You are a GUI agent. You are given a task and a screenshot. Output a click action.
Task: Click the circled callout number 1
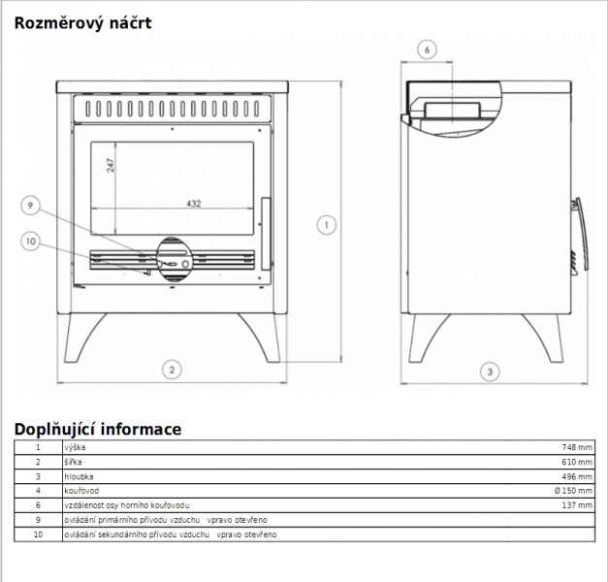click(x=327, y=225)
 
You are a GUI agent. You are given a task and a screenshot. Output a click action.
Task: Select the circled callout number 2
click(x=172, y=370)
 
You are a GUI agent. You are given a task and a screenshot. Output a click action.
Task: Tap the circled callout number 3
click(x=490, y=372)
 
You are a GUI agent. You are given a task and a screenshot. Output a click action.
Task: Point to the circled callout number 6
click(x=427, y=49)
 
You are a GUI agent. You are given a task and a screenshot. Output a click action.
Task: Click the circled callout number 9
click(x=31, y=206)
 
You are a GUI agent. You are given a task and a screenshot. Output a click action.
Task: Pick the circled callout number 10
click(x=31, y=242)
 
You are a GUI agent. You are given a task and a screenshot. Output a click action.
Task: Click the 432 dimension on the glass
click(x=194, y=204)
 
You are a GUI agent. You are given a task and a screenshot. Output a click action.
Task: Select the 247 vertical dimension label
click(x=111, y=165)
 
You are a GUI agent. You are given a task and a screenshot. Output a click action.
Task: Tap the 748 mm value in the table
click(x=577, y=447)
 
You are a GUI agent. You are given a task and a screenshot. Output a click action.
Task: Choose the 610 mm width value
click(x=577, y=462)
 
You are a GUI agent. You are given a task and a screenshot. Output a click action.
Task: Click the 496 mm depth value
click(x=577, y=476)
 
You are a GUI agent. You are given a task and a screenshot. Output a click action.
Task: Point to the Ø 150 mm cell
click(x=573, y=491)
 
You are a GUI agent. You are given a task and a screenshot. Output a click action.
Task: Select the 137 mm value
click(x=577, y=505)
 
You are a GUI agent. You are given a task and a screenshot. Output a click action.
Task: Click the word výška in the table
click(x=75, y=447)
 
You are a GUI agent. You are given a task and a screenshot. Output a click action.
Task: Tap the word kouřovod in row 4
click(x=81, y=491)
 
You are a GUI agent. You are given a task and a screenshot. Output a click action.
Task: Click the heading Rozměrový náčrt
click(x=82, y=23)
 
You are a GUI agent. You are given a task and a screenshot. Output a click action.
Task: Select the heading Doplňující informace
click(x=98, y=430)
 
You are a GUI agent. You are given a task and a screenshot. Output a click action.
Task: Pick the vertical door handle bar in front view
click(x=266, y=234)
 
